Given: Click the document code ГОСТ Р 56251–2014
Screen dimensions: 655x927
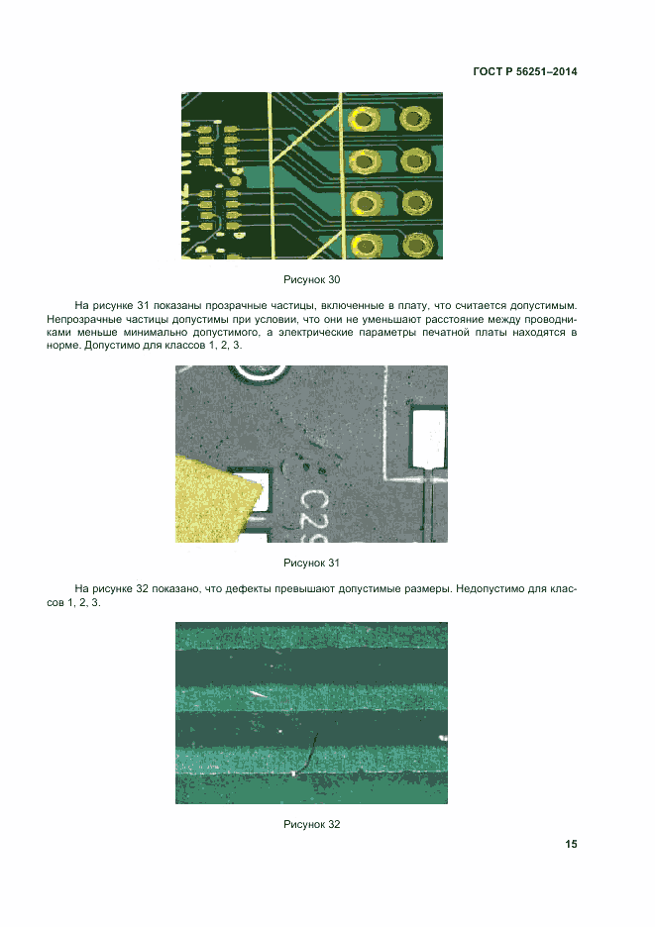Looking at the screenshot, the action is point(525,71).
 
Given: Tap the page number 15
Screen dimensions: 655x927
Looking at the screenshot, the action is point(571,844).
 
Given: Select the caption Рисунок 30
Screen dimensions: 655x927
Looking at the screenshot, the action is point(312,279).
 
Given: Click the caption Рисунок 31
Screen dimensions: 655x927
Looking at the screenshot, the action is point(312,563).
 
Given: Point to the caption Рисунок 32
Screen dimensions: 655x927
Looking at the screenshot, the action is point(312,824).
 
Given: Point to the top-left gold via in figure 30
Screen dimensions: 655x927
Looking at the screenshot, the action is point(364,120).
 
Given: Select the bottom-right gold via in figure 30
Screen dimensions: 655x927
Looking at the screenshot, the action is point(416,245).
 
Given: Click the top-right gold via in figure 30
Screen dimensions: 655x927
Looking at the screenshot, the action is point(415,119).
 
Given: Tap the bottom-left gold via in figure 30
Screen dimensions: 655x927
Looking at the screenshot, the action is point(366,246).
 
